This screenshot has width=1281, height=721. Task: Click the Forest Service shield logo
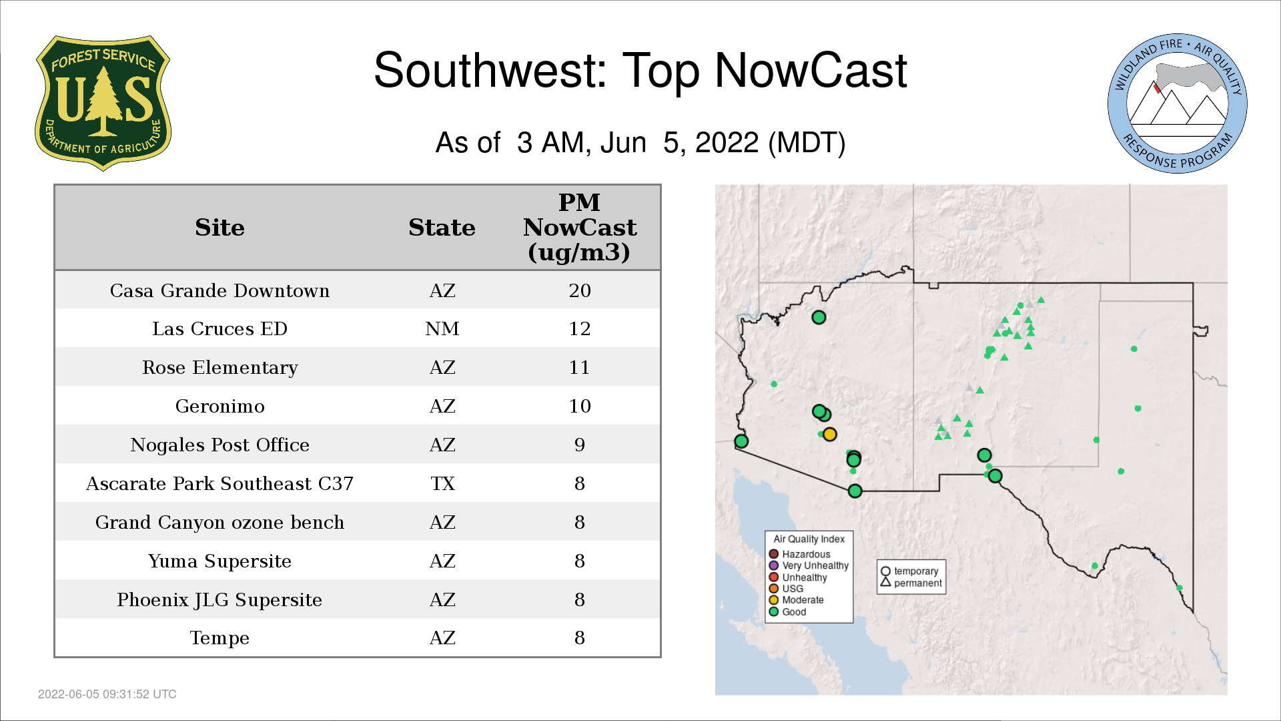tap(103, 103)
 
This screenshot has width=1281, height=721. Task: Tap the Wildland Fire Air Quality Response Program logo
tap(1177, 103)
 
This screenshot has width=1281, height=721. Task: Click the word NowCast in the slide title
tap(811, 70)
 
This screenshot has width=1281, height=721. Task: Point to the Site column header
tap(220, 228)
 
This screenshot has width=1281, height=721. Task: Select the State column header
tap(442, 228)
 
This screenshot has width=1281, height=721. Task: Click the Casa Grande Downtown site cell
tap(220, 290)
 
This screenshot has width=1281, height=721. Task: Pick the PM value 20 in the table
tap(580, 290)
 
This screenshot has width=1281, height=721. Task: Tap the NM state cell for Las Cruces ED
tap(442, 328)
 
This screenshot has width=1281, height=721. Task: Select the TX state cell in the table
tap(442, 483)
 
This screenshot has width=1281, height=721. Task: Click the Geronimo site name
tap(220, 406)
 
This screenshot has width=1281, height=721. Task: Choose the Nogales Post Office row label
tap(220, 445)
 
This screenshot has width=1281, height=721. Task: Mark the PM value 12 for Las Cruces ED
tap(580, 328)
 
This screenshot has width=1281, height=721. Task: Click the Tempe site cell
tap(220, 638)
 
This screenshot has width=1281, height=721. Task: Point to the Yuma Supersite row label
tap(220, 561)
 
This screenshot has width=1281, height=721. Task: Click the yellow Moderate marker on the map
tap(829, 435)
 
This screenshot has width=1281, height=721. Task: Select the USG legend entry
tap(787, 589)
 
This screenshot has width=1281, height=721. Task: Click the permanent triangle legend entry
tap(911, 583)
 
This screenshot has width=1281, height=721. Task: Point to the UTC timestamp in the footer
tap(107, 694)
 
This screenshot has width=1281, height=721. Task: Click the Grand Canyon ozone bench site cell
tap(220, 522)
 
